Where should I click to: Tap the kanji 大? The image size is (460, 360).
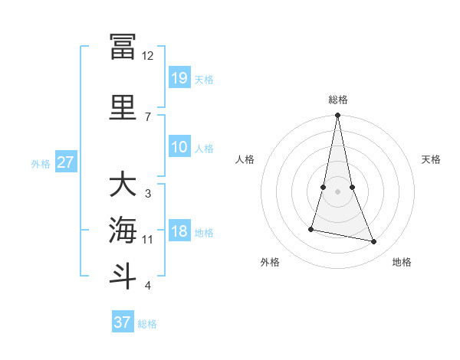(123, 185)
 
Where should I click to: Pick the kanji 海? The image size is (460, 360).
(123, 231)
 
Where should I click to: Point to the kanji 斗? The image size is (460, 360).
(123, 277)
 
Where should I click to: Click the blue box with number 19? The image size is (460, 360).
(179, 78)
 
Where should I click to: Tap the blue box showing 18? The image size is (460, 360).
(179, 231)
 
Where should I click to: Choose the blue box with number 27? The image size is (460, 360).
(66, 162)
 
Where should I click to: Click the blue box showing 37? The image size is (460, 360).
(123, 322)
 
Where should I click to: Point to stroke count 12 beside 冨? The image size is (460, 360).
(148, 56)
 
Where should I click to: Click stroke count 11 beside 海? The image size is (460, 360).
(148, 240)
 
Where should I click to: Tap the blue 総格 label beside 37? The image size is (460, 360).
(147, 324)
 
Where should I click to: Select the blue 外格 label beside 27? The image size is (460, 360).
(40, 163)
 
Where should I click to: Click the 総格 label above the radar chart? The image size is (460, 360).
(338, 100)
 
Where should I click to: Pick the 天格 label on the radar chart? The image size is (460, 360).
(432, 159)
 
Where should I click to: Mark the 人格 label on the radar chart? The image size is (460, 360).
(245, 159)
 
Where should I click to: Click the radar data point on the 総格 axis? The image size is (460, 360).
(338, 116)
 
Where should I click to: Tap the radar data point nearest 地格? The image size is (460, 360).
(374, 242)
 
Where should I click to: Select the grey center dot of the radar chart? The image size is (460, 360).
(338, 191)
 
